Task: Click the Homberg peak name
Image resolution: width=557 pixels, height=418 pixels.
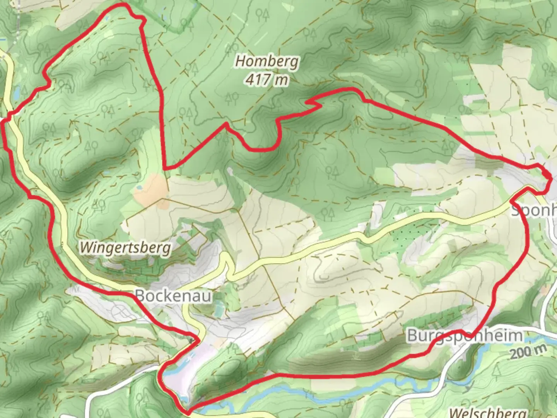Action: coord(267,61)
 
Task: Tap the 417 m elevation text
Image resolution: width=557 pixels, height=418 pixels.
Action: coord(267,80)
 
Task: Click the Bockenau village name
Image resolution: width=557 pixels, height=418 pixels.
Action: coord(174,296)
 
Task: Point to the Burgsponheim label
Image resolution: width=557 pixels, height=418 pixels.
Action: coord(465,336)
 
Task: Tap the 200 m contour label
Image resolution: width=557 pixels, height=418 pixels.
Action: coord(528,352)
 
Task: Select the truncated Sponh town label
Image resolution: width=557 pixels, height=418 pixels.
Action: coord(534,211)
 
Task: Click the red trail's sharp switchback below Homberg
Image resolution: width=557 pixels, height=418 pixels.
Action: coord(309,103)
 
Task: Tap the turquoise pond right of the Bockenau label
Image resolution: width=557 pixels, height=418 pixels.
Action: coord(219,310)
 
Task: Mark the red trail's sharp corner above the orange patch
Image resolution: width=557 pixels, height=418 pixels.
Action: coord(165,168)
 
